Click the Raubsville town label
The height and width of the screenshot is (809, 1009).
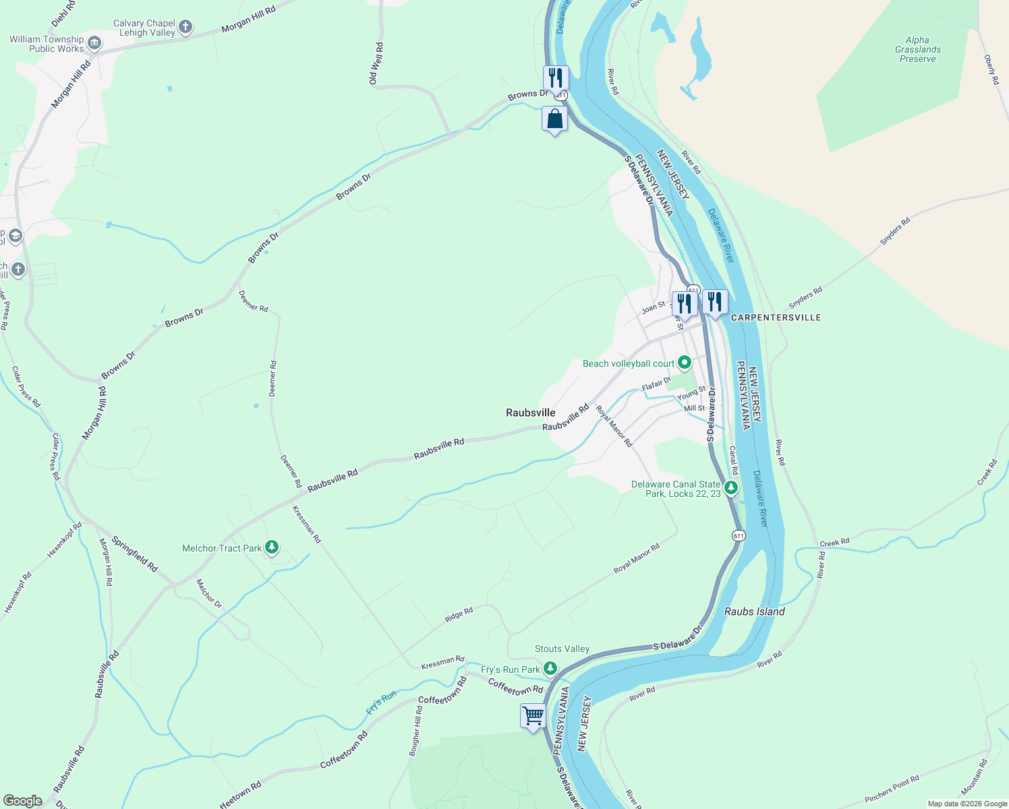point(531,413)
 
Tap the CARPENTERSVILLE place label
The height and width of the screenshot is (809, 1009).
point(776,318)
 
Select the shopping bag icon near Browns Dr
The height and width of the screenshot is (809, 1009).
point(554,120)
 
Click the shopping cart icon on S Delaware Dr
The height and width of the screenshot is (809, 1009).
point(533,715)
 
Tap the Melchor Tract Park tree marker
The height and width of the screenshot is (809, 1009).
point(272,547)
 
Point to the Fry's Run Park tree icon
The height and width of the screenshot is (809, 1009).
point(550,669)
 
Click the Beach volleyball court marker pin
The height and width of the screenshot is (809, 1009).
point(685,363)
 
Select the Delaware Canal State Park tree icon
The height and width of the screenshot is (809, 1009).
point(730,487)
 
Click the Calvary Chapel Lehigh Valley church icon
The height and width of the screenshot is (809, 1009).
point(185,28)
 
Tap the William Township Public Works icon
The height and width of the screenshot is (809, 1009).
point(94,44)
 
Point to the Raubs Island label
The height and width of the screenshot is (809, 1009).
point(754,611)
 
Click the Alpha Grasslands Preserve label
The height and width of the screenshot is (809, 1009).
point(917,49)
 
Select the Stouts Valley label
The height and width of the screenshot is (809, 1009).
point(562,649)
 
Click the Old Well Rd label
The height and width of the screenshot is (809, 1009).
point(376,64)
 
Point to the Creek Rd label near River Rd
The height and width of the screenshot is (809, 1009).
point(834,542)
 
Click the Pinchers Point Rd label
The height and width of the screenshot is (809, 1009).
point(892,789)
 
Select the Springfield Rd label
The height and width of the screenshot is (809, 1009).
point(134,554)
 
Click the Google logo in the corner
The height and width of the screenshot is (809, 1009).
point(22,801)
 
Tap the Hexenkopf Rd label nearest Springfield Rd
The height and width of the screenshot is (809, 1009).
point(64,540)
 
